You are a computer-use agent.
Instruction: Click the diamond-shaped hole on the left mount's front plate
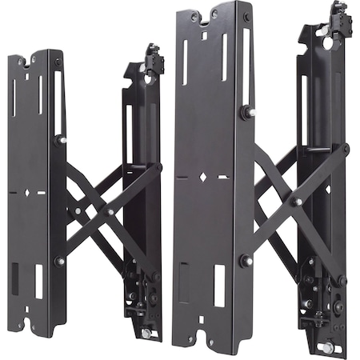[x=30, y=193]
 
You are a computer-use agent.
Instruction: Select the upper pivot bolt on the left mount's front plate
[x=61, y=140]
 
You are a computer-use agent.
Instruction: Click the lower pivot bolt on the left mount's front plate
[x=60, y=261]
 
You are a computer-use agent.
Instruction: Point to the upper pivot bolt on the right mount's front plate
[x=247, y=114]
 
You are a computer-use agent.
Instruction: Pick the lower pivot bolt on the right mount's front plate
[x=246, y=260]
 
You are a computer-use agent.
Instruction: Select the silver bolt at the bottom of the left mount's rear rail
[x=146, y=333]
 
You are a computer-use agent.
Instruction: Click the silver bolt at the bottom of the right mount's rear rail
[x=326, y=348]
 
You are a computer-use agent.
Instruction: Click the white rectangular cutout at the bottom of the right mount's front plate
[x=219, y=285]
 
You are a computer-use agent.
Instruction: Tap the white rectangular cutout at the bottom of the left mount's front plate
[x=39, y=281]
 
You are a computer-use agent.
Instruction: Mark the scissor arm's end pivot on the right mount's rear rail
[x=345, y=149]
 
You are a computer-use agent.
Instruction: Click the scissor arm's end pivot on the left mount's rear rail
[x=158, y=167]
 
